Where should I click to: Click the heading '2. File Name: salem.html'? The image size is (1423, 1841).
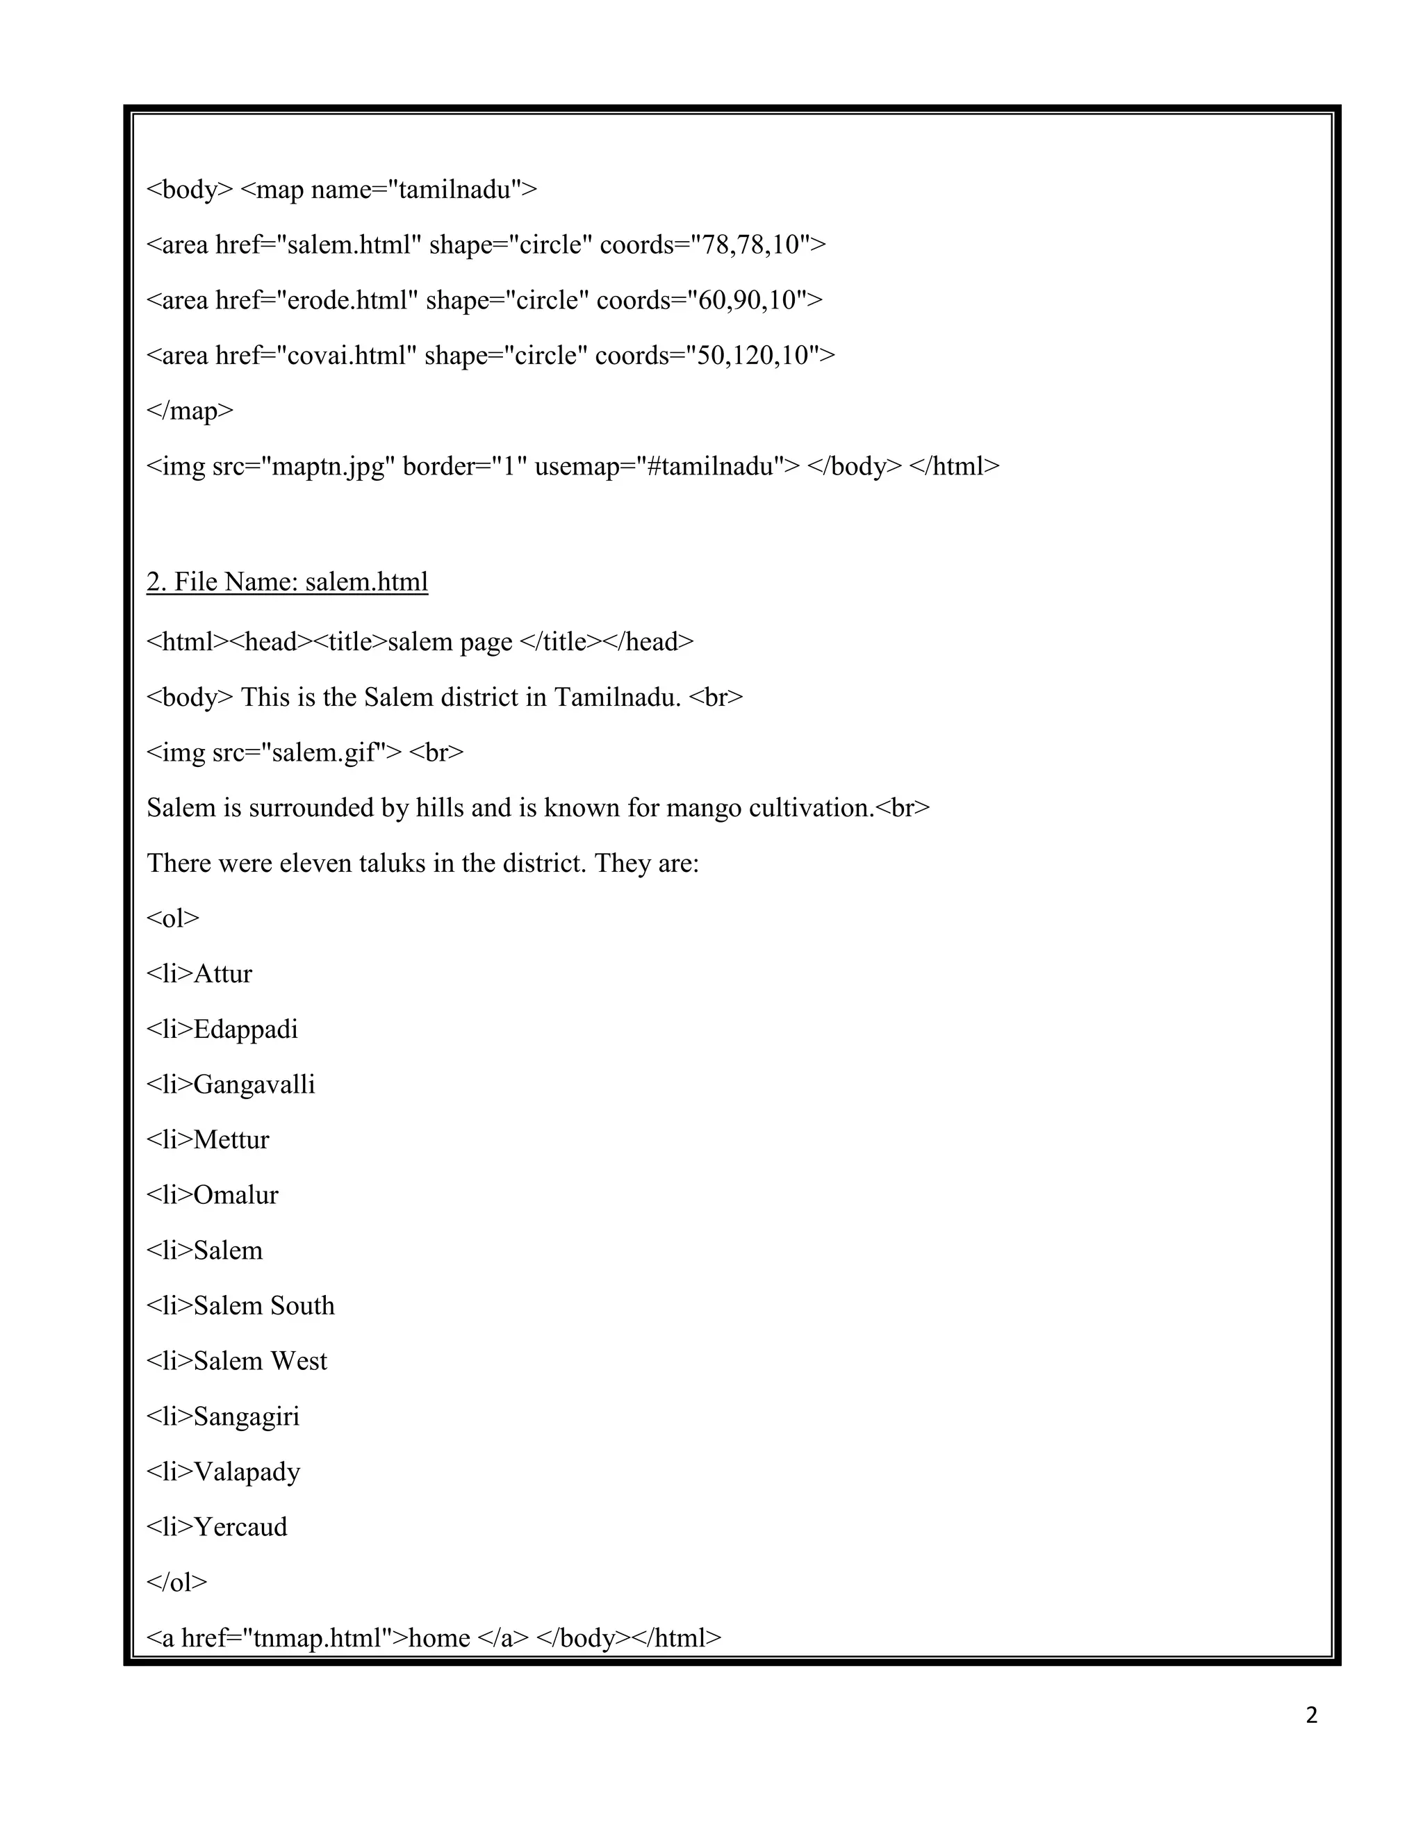287,582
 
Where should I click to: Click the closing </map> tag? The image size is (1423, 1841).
190,411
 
